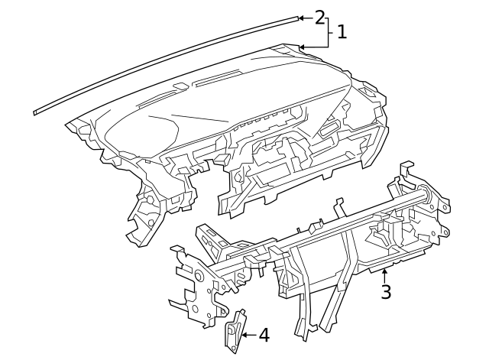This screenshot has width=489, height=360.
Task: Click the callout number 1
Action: pyautogui.click(x=342, y=32)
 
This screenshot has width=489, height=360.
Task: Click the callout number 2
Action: pyautogui.click(x=319, y=17)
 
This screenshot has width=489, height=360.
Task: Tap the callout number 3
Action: pyautogui.click(x=386, y=292)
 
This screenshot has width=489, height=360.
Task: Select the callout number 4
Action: pyautogui.click(x=264, y=335)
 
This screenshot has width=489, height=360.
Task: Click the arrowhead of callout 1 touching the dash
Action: pyautogui.click(x=302, y=47)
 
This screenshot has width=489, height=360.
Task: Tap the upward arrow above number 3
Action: pyautogui.click(x=385, y=271)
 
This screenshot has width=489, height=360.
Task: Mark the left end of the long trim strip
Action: pyautogui.click(x=37, y=112)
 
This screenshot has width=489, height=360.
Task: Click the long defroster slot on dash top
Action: pyautogui.click(x=218, y=80)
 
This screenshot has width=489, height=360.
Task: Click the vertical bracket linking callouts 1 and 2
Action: pyautogui.click(x=329, y=32)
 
